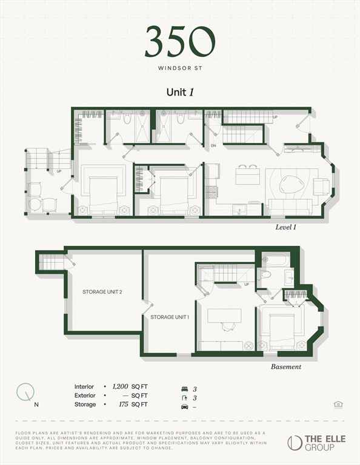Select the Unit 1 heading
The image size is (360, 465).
coord(179,92)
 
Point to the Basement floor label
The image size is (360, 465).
coord(285,366)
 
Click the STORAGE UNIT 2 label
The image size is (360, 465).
coord(102,292)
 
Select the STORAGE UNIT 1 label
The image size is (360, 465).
coord(170,317)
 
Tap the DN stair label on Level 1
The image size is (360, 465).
coord(213,146)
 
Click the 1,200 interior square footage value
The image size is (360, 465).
coord(121,386)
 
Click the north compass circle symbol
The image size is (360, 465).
coord(25,392)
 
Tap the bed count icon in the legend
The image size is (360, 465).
coord(185,389)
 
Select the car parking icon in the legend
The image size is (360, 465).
coord(185,406)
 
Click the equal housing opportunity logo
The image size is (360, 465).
coord(338,404)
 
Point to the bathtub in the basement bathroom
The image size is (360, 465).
coord(276,260)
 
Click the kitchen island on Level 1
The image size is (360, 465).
coord(247,176)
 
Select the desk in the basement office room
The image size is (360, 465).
coord(224,315)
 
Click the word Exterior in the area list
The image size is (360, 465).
coord(85,395)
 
